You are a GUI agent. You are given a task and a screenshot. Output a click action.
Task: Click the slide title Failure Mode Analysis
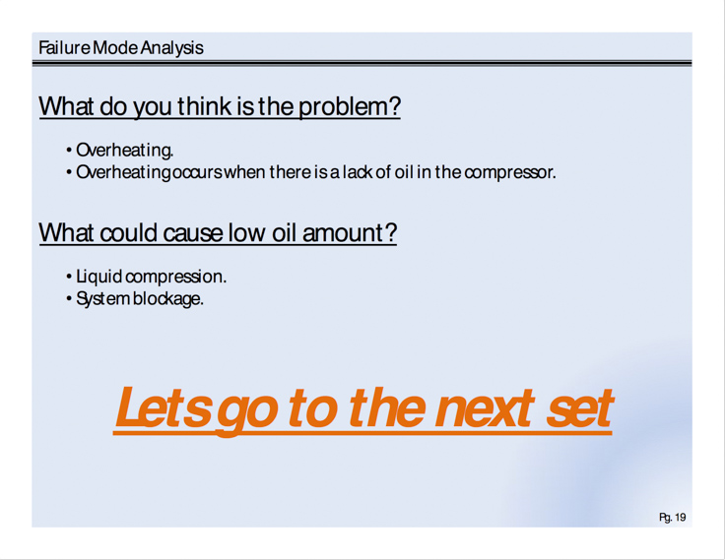(121, 48)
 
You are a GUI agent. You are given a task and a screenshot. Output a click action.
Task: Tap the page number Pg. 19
(672, 518)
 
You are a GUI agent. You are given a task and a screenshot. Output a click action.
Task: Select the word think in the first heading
(204, 106)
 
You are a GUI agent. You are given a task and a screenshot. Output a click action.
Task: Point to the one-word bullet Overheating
(125, 151)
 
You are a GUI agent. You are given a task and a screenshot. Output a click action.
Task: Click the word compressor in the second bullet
(509, 173)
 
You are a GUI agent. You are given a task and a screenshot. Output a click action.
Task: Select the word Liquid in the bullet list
(99, 277)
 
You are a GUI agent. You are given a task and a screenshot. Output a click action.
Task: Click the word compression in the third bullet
(175, 278)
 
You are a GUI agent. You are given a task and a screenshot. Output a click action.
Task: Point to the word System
(102, 299)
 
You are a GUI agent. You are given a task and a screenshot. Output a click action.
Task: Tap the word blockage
(167, 299)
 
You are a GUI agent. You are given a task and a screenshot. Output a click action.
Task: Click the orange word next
(484, 408)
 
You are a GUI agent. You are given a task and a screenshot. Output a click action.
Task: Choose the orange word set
(580, 408)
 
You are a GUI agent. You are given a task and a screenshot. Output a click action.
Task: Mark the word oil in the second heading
(284, 232)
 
